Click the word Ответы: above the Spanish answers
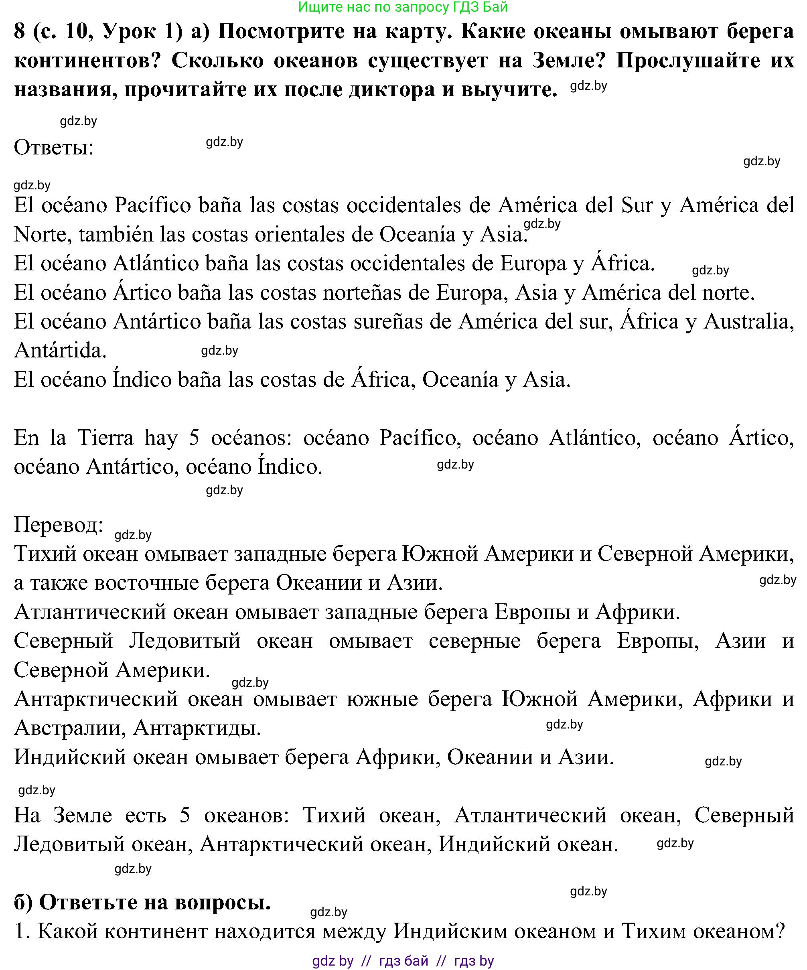coord(54,148)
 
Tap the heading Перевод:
coord(58,525)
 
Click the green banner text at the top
coord(403,7)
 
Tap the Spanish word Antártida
coord(61,351)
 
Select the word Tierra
coord(105,438)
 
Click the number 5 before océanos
coord(194,438)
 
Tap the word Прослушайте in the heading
coord(688,61)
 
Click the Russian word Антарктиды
coord(197,729)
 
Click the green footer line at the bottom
coord(403,961)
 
